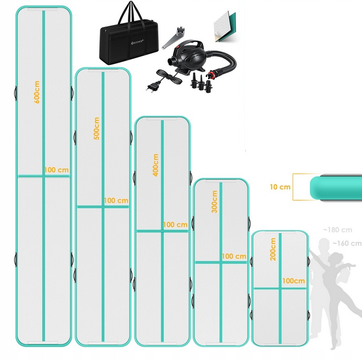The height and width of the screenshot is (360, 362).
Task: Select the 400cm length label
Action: [x=156, y=165]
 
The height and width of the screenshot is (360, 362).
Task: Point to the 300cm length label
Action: [x=214, y=201]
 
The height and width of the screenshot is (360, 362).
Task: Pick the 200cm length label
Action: [x=273, y=248]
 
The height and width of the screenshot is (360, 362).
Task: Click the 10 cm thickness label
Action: [x=280, y=187]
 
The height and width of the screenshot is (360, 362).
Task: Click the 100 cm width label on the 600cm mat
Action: [x=57, y=170]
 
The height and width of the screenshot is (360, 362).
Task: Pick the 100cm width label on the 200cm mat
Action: [x=294, y=281]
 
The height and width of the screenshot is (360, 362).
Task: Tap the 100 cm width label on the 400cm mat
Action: [x=175, y=225]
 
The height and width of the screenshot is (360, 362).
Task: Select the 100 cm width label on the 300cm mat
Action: [x=234, y=256]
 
